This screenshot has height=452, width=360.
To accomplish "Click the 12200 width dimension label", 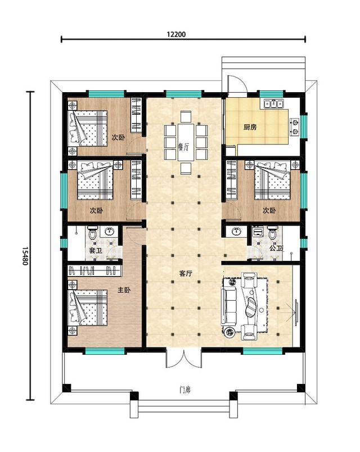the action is pyautogui.click(x=176, y=34).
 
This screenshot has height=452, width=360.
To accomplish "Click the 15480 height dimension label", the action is pyautogui.click(x=25, y=256).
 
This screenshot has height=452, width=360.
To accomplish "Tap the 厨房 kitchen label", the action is pyautogui.click(x=250, y=127).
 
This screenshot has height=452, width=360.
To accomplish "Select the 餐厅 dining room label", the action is pyautogui.click(x=183, y=147).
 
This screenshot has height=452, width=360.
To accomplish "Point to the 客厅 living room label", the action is pyautogui.click(x=186, y=274).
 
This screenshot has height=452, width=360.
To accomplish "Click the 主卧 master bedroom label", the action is pyautogui.click(x=124, y=290).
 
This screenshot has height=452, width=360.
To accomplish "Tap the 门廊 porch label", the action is pyautogui.click(x=185, y=390).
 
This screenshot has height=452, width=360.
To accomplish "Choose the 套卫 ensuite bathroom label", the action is pyautogui.click(x=96, y=251).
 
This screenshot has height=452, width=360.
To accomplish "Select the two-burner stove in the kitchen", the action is pyautogui.click(x=295, y=127).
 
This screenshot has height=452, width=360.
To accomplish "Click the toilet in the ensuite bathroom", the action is pyautogui.click(x=93, y=233).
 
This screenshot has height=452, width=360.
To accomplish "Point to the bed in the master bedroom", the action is pyautogui.click(x=87, y=308).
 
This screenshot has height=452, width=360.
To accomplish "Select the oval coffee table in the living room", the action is pyautogui.click(x=251, y=308).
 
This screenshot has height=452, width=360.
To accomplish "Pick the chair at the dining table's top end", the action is pyautogui.click(x=186, y=117).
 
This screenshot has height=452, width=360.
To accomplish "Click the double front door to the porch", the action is pyautogui.click(x=184, y=358).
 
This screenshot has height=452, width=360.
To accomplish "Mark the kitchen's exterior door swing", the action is pyautogui.click(x=237, y=84).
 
